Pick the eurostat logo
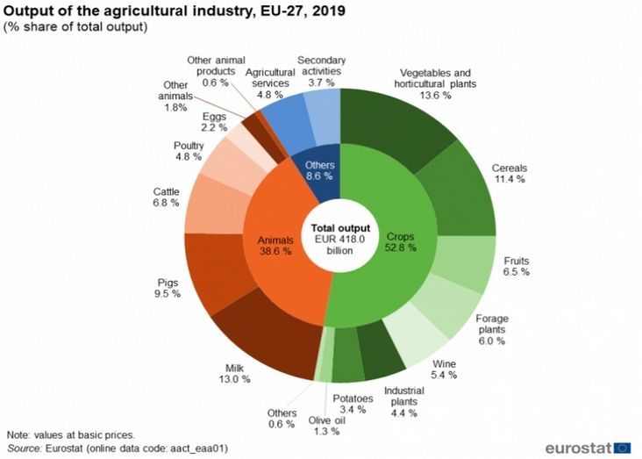[x=587, y=448]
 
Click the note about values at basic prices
[x=70, y=434]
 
